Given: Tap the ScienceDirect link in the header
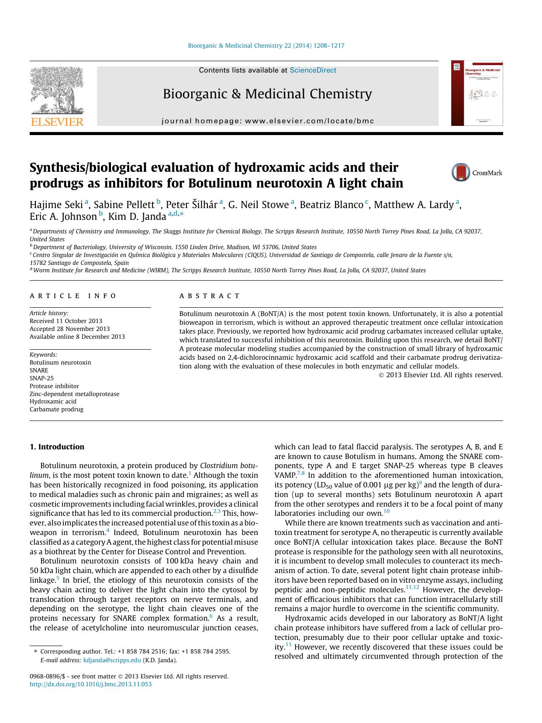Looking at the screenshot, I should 313,70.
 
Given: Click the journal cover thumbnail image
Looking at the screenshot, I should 476,94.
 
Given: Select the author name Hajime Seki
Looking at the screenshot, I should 56,205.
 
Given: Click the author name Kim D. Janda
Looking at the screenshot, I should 137,216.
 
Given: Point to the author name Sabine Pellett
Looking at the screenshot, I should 124,205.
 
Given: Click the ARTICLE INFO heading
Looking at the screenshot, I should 73,296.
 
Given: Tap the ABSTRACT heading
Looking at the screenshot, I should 210,296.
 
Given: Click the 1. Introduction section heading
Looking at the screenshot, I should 57,447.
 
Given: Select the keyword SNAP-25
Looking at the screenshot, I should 41,378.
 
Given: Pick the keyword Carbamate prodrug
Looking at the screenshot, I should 56,410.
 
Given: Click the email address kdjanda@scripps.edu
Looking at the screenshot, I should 112,660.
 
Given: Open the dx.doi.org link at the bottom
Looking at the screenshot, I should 90,685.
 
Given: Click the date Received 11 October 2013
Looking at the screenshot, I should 66,321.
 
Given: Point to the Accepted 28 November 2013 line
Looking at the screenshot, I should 69,329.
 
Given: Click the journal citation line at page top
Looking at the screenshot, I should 266,45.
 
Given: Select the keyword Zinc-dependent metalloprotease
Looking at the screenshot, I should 74,394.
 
